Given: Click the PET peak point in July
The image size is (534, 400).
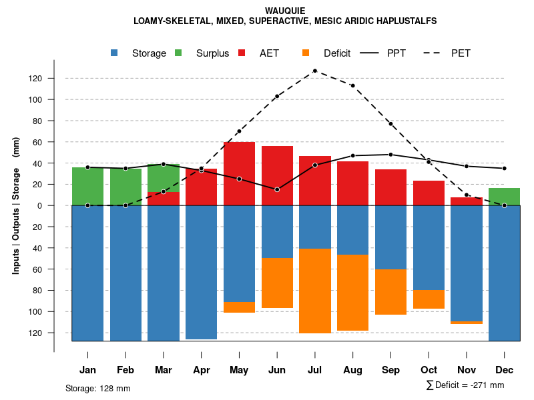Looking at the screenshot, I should pyautogui.click(x=314, y=71).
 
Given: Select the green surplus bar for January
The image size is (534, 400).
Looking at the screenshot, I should pyautogui.click(x=87, y=187).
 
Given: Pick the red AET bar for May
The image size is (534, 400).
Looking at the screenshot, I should pyautogui.click(x=239, y=173).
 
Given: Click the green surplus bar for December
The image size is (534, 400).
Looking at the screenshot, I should pyautogui.click(x=504, y=197).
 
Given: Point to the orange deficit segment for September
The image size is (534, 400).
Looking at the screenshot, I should pyautogui.click(x=390, y=292).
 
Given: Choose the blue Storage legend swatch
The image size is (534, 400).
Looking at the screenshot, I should pyautogui.click(x=115, y=53).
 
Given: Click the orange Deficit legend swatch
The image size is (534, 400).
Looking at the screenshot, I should pyautogui.click(x=306, y=53).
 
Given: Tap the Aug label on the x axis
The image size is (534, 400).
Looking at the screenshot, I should pyautogui.click(x=352, y=370).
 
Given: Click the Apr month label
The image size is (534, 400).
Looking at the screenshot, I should pyautogui.click(x=201, y=370).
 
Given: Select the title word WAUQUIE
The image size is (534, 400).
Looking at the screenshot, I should pyautogui.click(x=285, y=11).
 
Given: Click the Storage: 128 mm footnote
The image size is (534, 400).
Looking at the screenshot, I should pyautogui.click(x=97, y=388).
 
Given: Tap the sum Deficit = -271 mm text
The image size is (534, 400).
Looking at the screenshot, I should pyautogui.click(x=465, y=385).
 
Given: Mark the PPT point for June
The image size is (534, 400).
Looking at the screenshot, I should pyautogui.click(x=277, y=189).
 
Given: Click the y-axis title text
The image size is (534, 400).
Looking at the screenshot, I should pyautogui.click(x=16, y=206).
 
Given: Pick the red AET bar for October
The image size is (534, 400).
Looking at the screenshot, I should pyautogui.click(x=429, y=193).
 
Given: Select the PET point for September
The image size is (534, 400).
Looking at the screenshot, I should pyautogui.click(x=390, y=124).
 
